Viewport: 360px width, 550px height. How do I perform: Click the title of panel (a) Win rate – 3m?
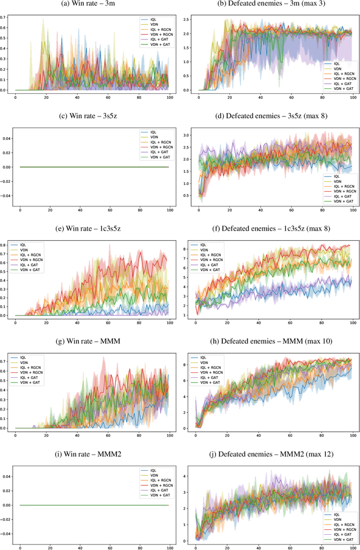pyautogui.click(x=90, y=6)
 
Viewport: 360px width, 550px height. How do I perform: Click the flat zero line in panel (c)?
pyautogui.click(x=96, y=167)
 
